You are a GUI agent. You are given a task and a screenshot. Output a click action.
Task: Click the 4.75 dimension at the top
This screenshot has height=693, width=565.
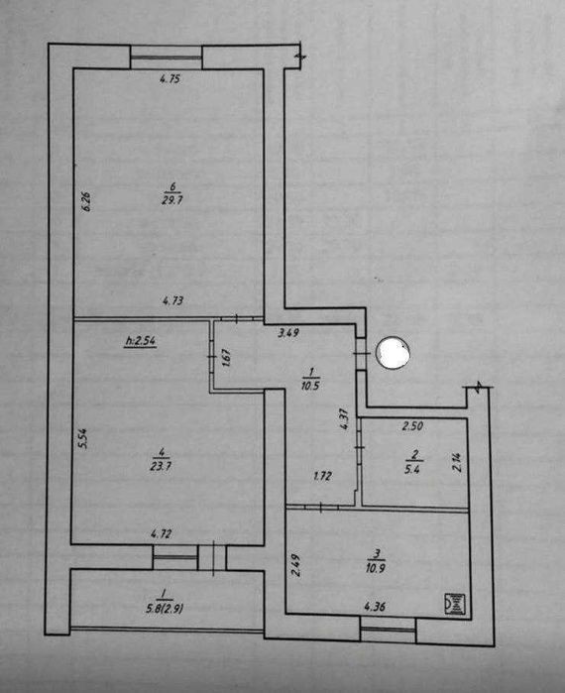tap(170, 79)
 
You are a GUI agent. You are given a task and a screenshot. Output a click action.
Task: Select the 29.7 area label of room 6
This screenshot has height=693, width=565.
tap(172, 200)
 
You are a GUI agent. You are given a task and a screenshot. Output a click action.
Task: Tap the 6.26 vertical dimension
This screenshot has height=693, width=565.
tap(87, 201)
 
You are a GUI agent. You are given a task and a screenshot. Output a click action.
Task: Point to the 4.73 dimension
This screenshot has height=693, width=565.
tap(172, 301)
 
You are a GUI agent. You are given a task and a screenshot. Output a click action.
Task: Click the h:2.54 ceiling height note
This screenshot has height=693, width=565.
tap(141, 341)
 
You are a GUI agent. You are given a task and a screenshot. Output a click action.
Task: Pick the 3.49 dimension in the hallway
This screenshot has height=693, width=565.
tap(288, 332)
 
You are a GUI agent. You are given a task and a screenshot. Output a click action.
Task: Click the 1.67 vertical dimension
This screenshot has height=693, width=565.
tap(227, 358)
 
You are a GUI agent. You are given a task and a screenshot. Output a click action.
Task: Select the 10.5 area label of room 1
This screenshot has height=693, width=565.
tap(311, 386)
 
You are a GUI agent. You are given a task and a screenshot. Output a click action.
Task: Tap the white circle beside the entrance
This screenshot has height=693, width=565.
tap(392, 352)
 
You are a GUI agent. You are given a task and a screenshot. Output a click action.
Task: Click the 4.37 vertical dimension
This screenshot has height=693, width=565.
tap(345, 418)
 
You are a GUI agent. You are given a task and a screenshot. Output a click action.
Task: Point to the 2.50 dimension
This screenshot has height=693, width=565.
tap(412, 426)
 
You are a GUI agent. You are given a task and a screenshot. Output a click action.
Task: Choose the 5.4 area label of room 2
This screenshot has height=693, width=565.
tap(411, 469)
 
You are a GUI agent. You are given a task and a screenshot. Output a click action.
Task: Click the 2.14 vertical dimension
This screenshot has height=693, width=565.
tap(458, 463)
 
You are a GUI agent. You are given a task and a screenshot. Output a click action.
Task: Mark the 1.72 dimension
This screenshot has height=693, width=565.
tap(322, 477)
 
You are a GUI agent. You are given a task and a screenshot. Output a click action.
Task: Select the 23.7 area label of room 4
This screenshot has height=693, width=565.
tap(161, 466)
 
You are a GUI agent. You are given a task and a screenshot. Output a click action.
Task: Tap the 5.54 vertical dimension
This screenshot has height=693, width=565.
tap(82, 438)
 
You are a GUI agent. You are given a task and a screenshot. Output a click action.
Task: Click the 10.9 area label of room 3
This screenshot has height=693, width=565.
tap(375, 567)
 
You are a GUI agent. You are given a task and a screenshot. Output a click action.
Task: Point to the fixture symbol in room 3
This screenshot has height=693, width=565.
tap(455, 604)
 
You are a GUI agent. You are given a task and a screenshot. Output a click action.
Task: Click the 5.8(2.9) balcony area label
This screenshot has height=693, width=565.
tap(165, 610)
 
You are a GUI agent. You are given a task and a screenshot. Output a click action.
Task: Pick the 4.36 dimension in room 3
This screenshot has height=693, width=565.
tap(375, 607)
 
